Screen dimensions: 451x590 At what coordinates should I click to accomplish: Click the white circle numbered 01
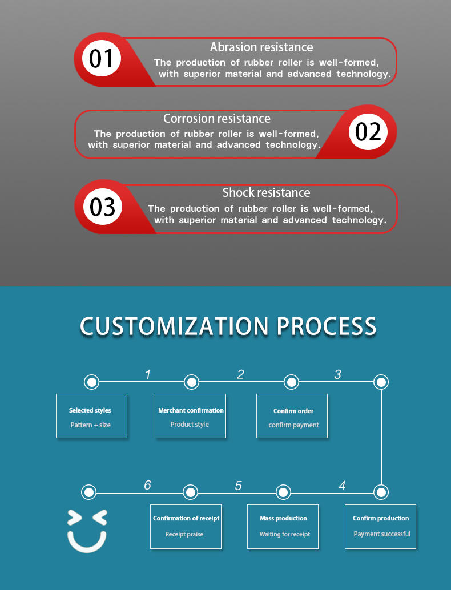102,59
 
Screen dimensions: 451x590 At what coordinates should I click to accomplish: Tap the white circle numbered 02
368,131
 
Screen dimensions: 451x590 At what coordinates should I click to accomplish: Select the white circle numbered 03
103,207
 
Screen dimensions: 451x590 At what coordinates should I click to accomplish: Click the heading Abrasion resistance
261,47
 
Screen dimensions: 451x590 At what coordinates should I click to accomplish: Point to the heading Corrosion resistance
217,119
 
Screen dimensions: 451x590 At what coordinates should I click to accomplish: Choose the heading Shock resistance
266,193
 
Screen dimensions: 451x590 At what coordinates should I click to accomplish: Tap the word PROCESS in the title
327,326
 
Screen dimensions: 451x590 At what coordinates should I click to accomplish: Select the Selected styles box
91,416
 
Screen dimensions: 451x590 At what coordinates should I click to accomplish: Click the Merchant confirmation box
190,416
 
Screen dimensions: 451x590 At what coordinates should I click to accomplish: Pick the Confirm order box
292,416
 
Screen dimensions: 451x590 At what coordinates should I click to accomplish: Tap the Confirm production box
380,526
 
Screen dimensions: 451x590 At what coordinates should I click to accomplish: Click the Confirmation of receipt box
186,526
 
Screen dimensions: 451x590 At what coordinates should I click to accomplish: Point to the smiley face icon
87,531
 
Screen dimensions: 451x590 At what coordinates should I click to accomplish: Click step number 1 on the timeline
148,375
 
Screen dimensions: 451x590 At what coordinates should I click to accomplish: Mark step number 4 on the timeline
342,486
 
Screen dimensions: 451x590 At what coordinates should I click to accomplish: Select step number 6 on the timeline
147,486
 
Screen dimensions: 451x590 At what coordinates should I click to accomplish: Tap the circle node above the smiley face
88,491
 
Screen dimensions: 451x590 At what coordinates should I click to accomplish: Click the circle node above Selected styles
91,382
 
